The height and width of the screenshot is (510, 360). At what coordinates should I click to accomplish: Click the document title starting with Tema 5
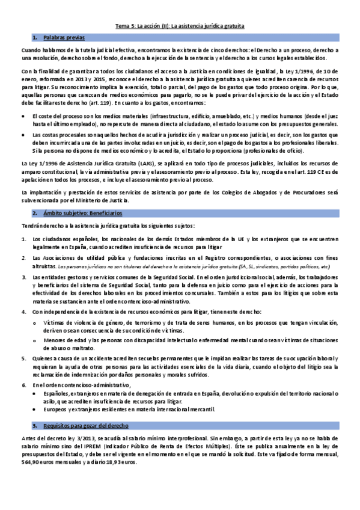tap(180, 26)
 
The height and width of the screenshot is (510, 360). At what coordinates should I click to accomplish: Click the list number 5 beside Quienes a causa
tap(23, 357)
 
